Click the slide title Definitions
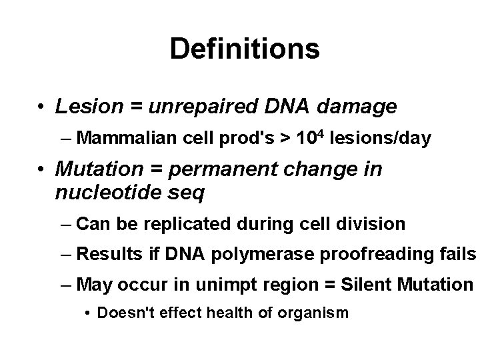(244, 49)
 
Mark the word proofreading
(359, 254)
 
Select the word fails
(459, 254)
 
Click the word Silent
(368, 285)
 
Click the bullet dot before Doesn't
(89, 313)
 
